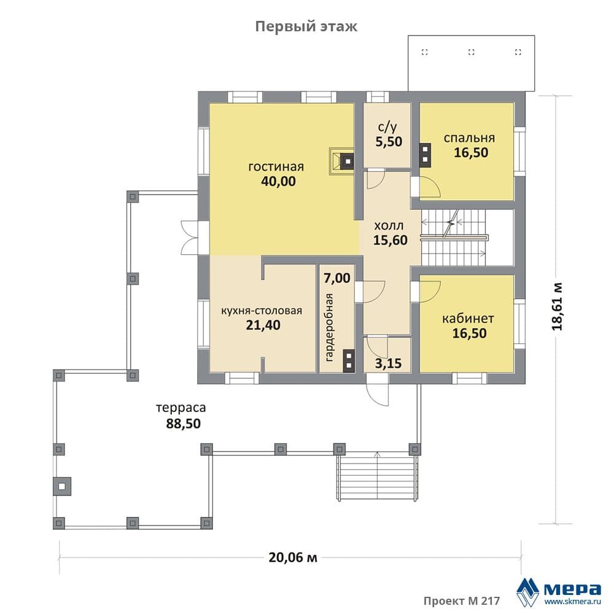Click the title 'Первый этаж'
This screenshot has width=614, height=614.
point(306,26)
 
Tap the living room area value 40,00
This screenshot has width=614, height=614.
point(278,181)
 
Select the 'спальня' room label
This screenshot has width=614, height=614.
point(469,138)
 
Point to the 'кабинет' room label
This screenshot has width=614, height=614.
point(468,318)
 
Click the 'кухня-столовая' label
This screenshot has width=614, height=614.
point(262,311)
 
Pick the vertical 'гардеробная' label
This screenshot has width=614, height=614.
point(329,327)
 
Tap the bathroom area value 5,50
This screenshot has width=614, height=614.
point(389,141)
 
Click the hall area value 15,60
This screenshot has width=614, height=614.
point(391,240)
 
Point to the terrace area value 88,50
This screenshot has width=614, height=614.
point(183,423)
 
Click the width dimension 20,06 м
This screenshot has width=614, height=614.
point(293,558)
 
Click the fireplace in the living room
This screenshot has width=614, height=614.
point(342,160)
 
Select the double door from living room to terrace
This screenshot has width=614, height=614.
point(190,238)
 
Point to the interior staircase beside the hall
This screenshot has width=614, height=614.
point(454,237)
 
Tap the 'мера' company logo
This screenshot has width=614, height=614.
point(559,591)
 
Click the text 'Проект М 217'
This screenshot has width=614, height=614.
point(462,600)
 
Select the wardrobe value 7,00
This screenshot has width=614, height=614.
point(337,278)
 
